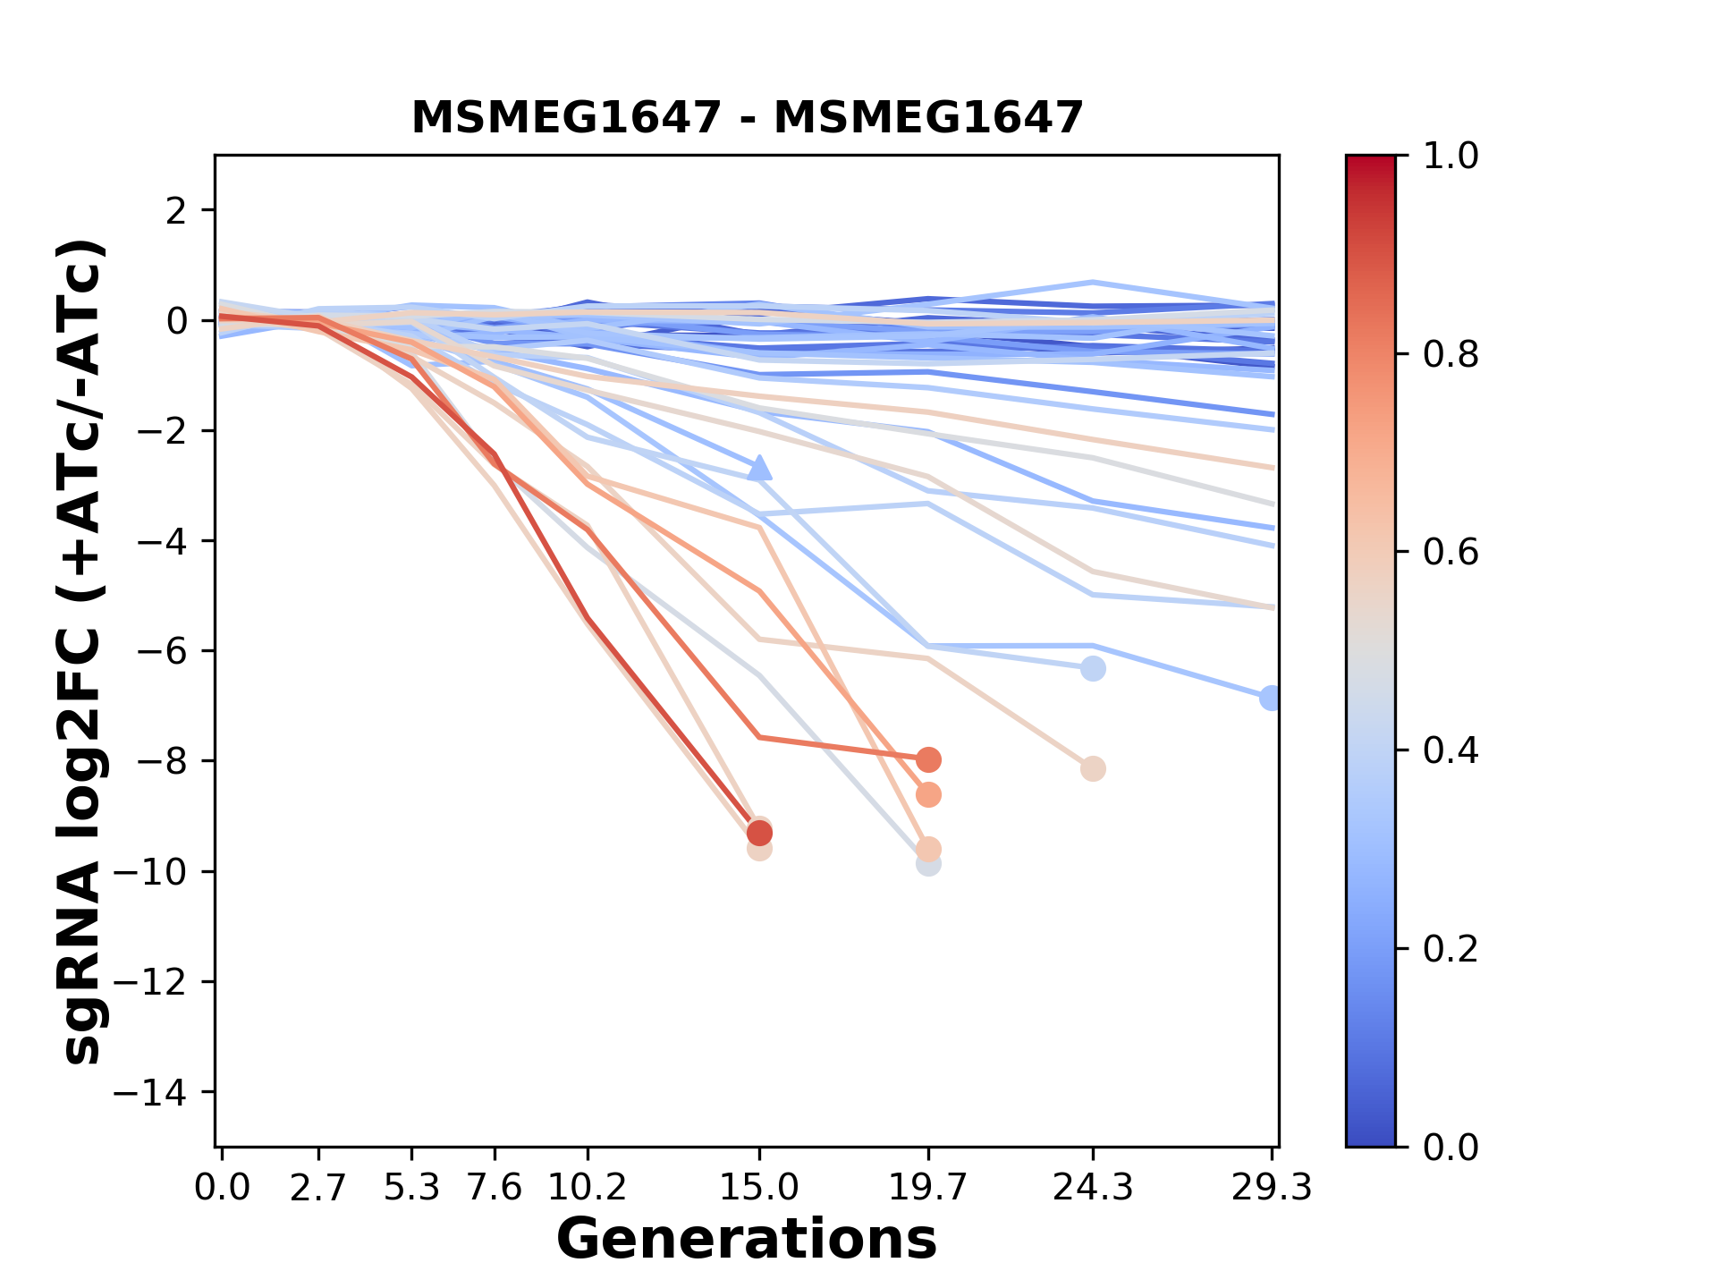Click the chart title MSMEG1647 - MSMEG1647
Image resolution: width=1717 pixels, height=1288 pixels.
tap(747, 118)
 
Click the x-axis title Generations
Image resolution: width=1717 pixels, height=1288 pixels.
tap(747, 1240)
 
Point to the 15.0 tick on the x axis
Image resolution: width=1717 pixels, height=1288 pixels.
tap(759, 1188)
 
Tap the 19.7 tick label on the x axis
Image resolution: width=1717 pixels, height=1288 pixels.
tap(927, 1188)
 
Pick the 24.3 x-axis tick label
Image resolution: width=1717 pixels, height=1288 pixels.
tap(1092, 1188)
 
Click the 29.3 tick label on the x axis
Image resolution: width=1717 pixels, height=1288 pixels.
tap(1271, 1188)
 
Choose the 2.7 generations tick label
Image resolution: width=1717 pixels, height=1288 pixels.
tap(317, 1188)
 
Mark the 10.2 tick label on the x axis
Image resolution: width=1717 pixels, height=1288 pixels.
tap(587, 1188)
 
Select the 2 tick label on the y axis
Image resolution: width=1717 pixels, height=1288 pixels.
tap(176, 211)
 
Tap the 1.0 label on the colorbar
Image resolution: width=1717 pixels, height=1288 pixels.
tap(1451, 157)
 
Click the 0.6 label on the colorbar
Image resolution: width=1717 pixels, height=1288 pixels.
tap(1451, 553)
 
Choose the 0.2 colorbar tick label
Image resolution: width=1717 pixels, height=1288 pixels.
tap(1451, 949)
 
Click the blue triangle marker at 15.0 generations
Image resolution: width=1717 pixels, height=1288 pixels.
tap(759, 468)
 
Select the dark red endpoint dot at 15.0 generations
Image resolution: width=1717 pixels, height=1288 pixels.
tap(759, 834)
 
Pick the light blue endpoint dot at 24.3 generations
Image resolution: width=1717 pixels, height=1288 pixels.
tap(1093, 668)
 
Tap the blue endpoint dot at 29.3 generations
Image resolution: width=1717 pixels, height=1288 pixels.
tap(1271, 699)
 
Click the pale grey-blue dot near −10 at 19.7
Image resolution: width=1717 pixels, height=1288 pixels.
tap(928, 864)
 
